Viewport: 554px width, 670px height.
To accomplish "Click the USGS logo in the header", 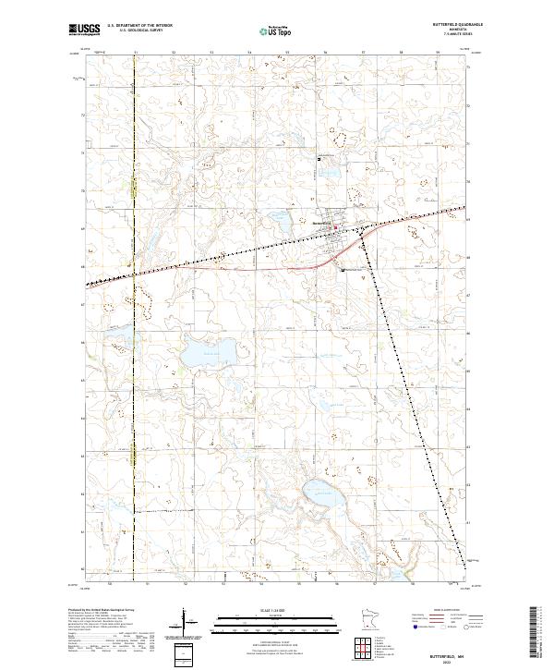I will (84, 30).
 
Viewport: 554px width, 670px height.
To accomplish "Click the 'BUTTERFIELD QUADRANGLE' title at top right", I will (470, 24).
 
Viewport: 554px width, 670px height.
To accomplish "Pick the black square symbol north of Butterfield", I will (319, 159).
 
